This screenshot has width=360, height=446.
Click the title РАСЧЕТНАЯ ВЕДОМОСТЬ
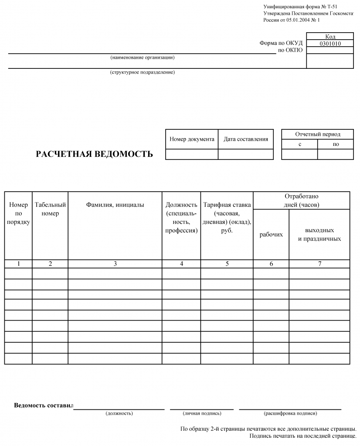(94, 154)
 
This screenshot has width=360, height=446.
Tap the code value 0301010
(330, 44)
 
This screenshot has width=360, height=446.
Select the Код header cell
(330, 37)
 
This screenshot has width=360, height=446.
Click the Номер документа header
(192, 139)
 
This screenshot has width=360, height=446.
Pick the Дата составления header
(246, 139)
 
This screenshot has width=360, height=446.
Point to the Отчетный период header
(318, 134)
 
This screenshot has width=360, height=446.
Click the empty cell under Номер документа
(192, 154)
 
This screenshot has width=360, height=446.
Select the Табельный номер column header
(50, 209)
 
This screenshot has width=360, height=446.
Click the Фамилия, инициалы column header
(115, 205)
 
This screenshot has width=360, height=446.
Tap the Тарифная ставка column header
(227, 217)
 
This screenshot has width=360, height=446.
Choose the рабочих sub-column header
(271, 234)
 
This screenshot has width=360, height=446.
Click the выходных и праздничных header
(319, 234)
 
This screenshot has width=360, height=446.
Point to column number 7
(319, 264)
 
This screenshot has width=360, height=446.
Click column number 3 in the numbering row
(115, 264)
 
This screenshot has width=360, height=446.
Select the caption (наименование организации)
(143, 57)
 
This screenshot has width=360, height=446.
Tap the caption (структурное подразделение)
(143, 72)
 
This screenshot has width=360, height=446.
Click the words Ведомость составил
(44, 405)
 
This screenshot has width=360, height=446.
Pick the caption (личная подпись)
(202, 413)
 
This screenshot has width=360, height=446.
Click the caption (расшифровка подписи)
(290, 413)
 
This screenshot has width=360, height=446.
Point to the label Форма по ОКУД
(281, 43)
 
